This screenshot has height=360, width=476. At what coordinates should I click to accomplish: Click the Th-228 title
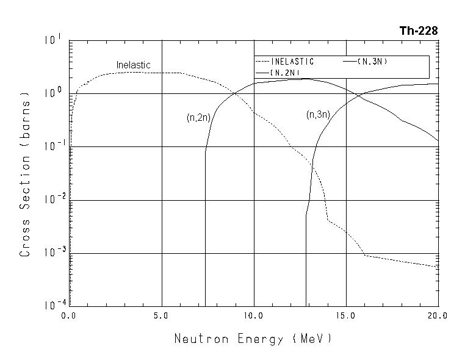click(x=419, y=31)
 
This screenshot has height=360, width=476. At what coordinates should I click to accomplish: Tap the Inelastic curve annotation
click(x=133, y=65)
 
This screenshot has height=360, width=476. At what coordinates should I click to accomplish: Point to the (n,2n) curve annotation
click(x=198, y=118)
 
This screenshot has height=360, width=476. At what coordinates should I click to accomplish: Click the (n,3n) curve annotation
click(x=318, y=114)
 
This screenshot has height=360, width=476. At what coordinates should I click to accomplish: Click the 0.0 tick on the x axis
click(x=68, y=316)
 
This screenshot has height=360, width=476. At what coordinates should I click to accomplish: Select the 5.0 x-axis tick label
click(x=161, y=316)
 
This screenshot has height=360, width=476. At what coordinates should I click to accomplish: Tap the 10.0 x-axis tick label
click(x=253, y=316)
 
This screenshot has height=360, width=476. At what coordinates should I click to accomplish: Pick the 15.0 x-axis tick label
click(x=345, y=316)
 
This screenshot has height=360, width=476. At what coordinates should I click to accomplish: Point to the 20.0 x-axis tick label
click(x=437, y=316)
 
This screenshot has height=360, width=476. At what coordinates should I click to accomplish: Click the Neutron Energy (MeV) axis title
click(x=253, y=339)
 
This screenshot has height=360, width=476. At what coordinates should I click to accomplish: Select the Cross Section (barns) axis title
click(x=25, y=174)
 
